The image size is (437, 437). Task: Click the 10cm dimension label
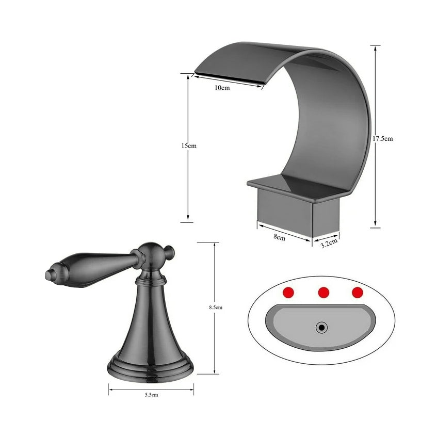coord(222,88)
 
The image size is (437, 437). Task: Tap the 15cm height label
coord(189,146)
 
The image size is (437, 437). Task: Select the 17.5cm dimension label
coord(382,139)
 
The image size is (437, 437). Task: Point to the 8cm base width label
coord(279,237)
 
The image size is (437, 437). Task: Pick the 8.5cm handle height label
coord(215,307)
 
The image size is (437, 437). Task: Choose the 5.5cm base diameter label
coord(151,395)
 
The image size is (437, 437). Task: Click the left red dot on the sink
coord(289,292)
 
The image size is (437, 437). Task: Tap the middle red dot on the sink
coord(323,292)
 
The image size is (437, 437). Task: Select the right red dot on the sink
coord(358,292)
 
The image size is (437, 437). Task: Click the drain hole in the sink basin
coord(322,327)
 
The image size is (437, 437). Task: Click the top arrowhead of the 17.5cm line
coord(376,47)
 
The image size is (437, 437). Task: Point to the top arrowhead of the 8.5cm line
coord(213,245)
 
